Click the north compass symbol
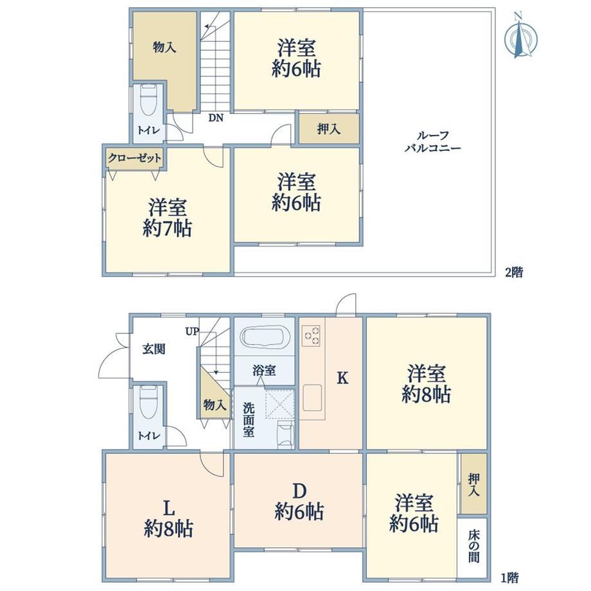coord(520,36)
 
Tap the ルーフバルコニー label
coord(433,142)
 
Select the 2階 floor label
coord(514,272)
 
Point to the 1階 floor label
coord(509,578)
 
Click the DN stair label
coord(216,118)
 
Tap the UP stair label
coord(192,331)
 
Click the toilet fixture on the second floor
coord(148,101)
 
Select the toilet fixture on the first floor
coord(148,401)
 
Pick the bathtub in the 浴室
coord(265,336)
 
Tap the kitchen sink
coord(312,398)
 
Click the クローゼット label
coord(134,158)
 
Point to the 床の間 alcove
coord(473,546)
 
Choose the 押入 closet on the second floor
coord(329,129)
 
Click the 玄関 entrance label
coord(154,349)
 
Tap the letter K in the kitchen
coord(342,378)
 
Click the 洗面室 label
coord(249,419)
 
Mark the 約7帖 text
coord(167,229)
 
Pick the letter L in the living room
coord(169,509)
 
